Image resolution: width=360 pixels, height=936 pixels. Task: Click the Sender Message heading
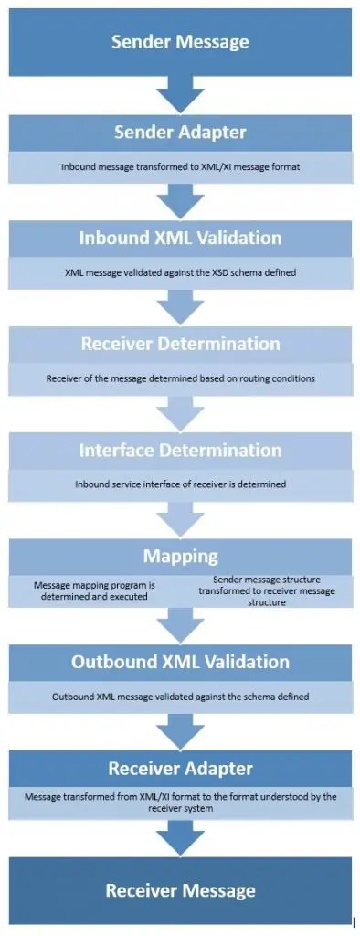(x=180, y=41)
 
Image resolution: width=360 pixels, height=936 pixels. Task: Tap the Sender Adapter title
(x=180, y=133)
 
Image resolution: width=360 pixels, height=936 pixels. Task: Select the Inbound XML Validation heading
(x=180, y=239)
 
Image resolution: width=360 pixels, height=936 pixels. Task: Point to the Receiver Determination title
(x=180, y=345)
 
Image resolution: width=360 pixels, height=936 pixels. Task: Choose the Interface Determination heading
(x=180, y=451)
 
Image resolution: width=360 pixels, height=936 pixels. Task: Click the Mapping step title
(x=180, y=557)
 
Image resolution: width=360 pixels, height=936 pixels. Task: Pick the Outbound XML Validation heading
(x=180, y=663)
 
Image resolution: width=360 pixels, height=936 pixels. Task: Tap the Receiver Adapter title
(x=180, y=769)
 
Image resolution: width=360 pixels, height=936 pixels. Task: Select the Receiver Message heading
(x=180, y=890)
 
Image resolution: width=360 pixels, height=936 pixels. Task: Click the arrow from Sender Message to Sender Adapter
(x=180, y=93)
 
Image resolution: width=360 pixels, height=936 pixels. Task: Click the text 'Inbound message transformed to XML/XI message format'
(x=180, y=167)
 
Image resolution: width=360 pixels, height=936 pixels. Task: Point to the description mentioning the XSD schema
(x=180, y=273)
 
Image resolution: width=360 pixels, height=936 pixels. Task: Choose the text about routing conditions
(x=180, y=378)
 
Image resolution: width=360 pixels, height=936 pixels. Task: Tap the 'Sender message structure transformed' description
(x=267, y=590)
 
